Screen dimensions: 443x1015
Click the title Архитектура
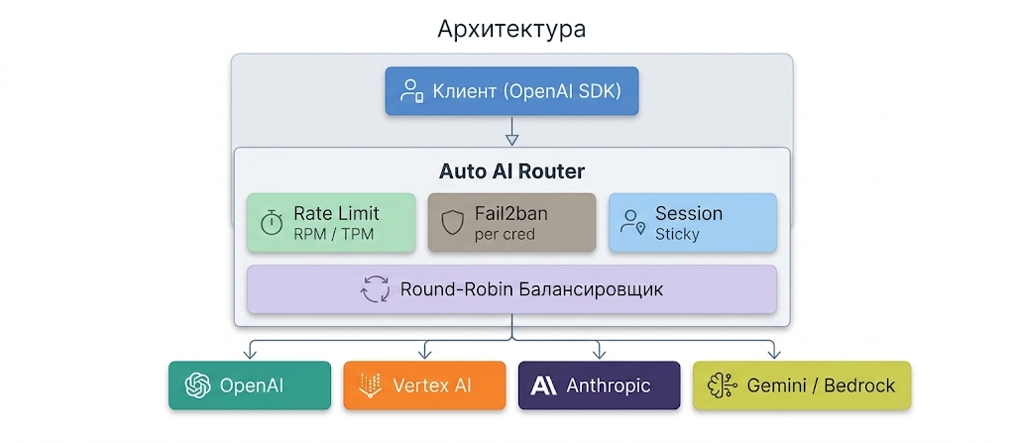click(x=511, y=29)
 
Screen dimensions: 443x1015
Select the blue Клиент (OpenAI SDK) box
click(x=511, y=92)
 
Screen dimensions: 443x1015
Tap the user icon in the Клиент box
click(x=411, y=92)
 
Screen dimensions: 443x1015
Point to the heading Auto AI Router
click(x=511, y=170)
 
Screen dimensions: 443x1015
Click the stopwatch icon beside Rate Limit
click(x=272, y=223)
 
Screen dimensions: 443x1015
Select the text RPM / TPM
click(x=328, y=235)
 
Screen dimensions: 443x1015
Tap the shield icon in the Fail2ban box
click(x=452, y=223)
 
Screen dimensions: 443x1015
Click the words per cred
click(x=505, y=235)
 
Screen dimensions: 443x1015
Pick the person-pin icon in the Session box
click(x=632, y=223)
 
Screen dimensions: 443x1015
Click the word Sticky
click(x=677, y=235)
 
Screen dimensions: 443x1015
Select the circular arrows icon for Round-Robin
click(x=376, y=290)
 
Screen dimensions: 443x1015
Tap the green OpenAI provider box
click(x=249, y=386)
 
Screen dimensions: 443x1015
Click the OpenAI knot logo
click(x=196, y=386)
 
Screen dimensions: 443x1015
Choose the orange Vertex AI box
click(x=424, y=386)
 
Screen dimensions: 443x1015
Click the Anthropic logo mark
click(x=543, y=386)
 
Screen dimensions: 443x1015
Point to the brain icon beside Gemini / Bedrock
click(x=721, y=386)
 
